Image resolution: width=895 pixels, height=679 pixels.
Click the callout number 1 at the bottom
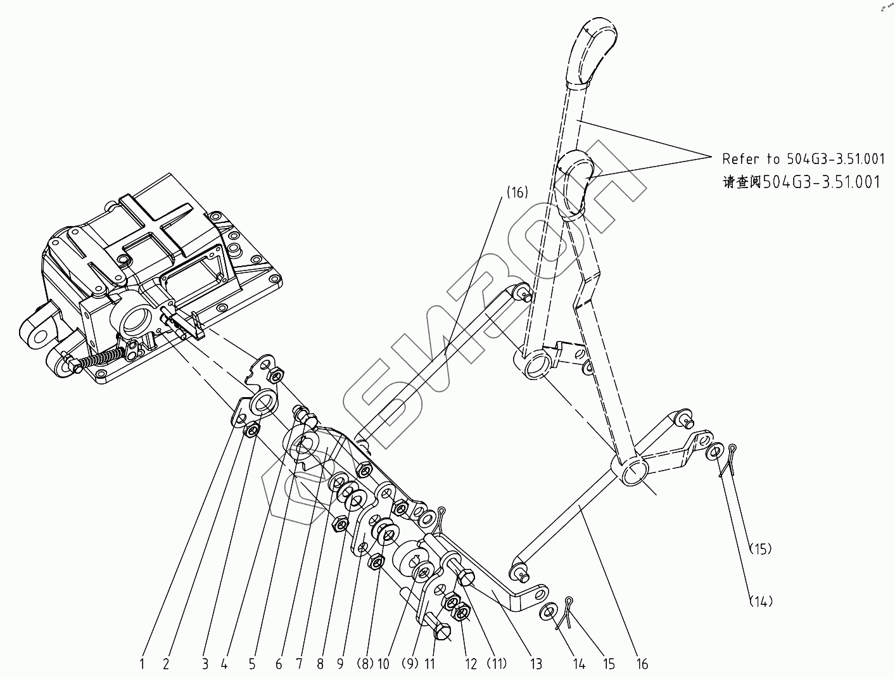143,664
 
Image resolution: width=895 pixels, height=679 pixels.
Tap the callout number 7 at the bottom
300,664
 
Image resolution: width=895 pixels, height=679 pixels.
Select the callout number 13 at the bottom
536,664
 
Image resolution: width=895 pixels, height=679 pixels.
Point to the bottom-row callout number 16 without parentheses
642,664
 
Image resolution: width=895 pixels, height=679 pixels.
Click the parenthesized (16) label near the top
517,193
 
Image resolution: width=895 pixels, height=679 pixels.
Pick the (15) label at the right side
760,549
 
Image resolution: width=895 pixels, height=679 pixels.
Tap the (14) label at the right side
760,601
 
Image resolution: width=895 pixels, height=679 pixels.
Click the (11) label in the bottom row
496,664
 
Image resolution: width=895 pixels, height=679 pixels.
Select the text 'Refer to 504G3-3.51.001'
803,158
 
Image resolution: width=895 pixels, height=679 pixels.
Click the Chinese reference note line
801,182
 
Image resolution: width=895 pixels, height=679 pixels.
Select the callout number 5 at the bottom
252,664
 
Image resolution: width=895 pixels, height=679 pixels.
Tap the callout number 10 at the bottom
383,664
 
